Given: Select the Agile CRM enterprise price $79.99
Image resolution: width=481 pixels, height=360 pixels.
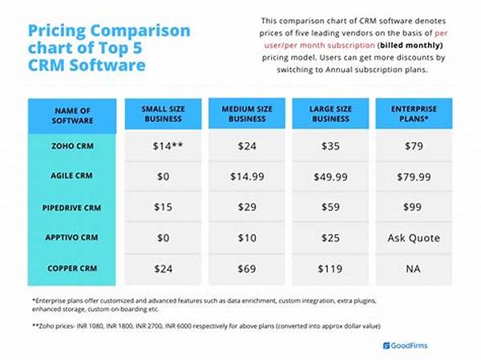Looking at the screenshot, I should pos(414,176).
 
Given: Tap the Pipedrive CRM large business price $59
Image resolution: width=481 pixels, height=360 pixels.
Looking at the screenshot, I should pos(330,206).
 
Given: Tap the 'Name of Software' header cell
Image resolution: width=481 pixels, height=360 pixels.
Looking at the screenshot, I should pos(73,115).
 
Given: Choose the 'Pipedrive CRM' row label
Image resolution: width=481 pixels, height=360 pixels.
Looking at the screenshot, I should pos(73,207).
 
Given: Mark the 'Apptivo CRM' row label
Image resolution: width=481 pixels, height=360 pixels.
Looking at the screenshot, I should pos(73,237).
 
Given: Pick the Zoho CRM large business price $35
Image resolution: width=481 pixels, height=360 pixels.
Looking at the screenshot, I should pos(330,147).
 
